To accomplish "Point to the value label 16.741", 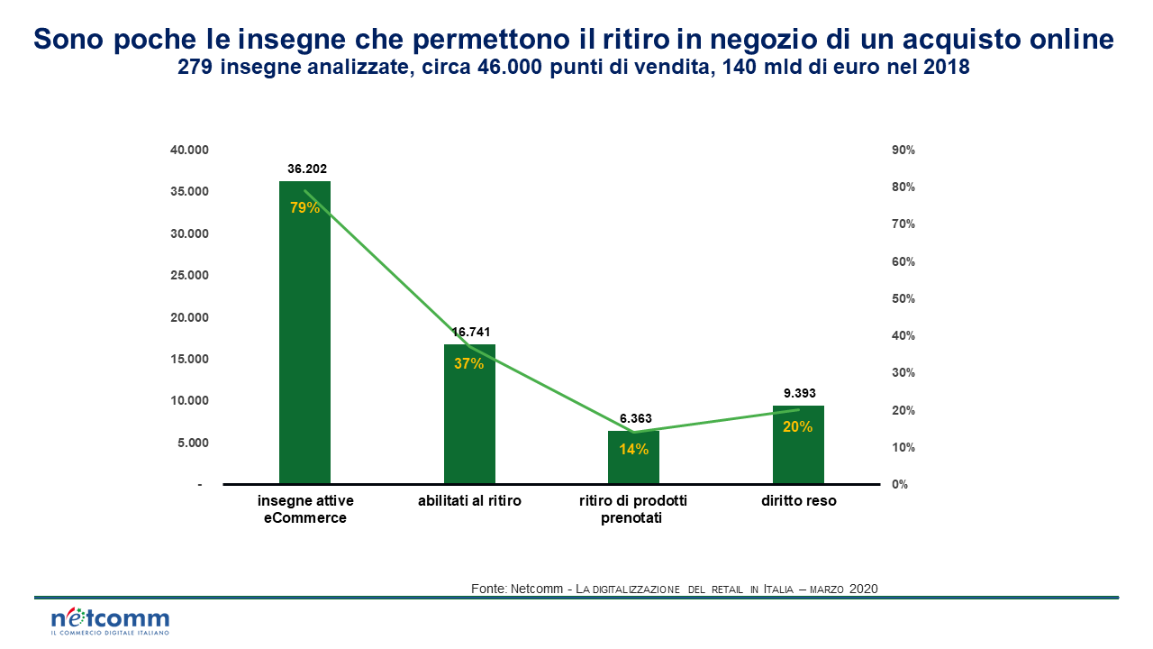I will coord(471,332).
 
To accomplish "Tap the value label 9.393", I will coord(799,393).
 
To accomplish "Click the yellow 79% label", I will coord(304,207).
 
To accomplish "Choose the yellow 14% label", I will coord(634,449).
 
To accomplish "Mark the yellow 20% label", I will coord(797,427).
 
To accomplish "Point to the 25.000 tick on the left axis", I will coord(189,276).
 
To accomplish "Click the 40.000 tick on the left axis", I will coord(189,150).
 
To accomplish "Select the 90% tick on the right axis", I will coord(903,150).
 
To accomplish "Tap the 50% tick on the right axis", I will coord(903,298).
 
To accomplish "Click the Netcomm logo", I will coord(110,620).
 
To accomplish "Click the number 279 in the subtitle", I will coord(196,68).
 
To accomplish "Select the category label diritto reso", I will coord(797,501).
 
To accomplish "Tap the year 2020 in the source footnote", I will coord(862,589).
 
